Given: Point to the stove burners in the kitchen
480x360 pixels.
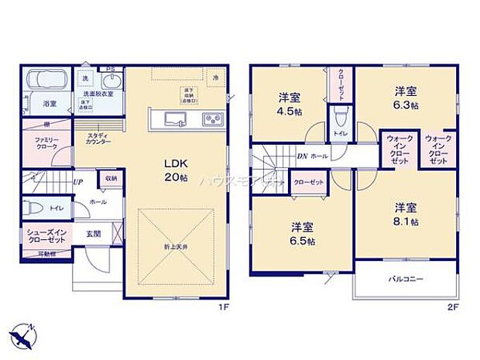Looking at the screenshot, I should [212, 118].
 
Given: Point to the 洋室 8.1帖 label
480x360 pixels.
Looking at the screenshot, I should [406, 214].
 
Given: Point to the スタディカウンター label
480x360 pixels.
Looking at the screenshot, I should [98, 139].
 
